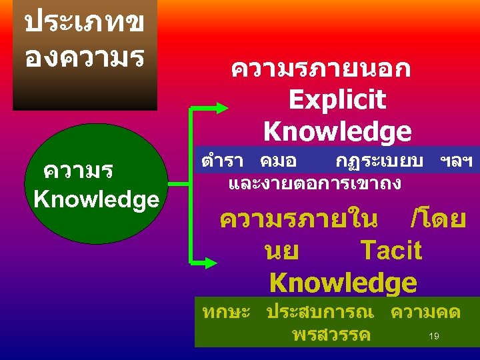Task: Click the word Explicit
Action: coord(337,100)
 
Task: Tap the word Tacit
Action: coord(391,251)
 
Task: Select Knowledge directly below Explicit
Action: coord(337,131)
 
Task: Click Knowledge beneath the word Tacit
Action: coord(343,283)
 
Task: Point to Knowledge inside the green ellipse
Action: coord(96,199)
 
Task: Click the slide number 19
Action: coord(433,337)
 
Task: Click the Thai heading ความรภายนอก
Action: coord(320,69)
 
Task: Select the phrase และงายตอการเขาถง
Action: coord(314,182)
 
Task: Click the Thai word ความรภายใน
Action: coord(298,219)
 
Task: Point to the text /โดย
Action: coord(439,219)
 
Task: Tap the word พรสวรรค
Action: coord(331,334)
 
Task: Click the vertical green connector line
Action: coord(192,180)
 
